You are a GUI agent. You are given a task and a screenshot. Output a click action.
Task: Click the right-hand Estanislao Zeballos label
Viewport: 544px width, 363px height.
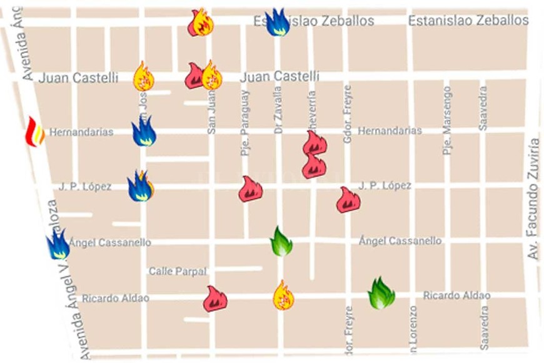point(468,21)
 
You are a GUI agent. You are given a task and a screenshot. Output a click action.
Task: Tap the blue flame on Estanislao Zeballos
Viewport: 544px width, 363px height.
point(277,23)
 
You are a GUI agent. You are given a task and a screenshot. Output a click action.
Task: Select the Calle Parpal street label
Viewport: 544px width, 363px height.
point(177,271)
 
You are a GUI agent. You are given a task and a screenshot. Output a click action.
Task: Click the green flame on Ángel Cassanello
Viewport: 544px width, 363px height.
point(281,242)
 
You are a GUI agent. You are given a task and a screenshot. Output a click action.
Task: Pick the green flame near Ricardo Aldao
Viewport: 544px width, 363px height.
point(381,293)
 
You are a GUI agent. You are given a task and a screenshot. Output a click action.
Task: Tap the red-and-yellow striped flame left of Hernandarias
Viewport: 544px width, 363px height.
point(34,132)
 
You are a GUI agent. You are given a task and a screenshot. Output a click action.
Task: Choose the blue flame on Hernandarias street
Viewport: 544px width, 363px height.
point(144,131)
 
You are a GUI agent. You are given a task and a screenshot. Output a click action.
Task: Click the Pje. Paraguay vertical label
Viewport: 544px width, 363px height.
point(244,123)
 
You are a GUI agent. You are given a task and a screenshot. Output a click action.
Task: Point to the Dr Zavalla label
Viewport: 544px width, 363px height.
point(278,110)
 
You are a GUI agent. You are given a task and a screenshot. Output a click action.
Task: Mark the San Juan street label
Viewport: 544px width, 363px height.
point(211,112)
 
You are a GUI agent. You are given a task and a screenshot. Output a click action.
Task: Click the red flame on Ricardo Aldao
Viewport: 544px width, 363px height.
point(214,299)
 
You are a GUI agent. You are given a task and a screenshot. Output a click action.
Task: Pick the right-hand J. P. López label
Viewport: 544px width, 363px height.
point(385,186)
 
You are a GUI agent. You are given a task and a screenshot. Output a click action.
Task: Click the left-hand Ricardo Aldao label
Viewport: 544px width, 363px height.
point(115,299)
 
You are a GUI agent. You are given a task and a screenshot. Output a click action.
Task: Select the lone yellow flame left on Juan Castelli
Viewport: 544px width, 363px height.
point(143,77)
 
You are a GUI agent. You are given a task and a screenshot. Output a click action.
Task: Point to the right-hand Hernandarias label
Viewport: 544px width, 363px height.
point(390,131)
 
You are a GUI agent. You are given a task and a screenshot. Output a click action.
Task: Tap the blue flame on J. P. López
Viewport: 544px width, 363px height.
point(139,186)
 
